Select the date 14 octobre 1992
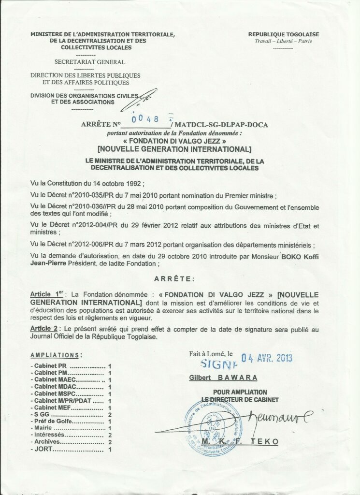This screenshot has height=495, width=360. (113, 184)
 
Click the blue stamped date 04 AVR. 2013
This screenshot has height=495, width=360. (267, 358)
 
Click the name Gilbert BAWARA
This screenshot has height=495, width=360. (223, 378)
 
